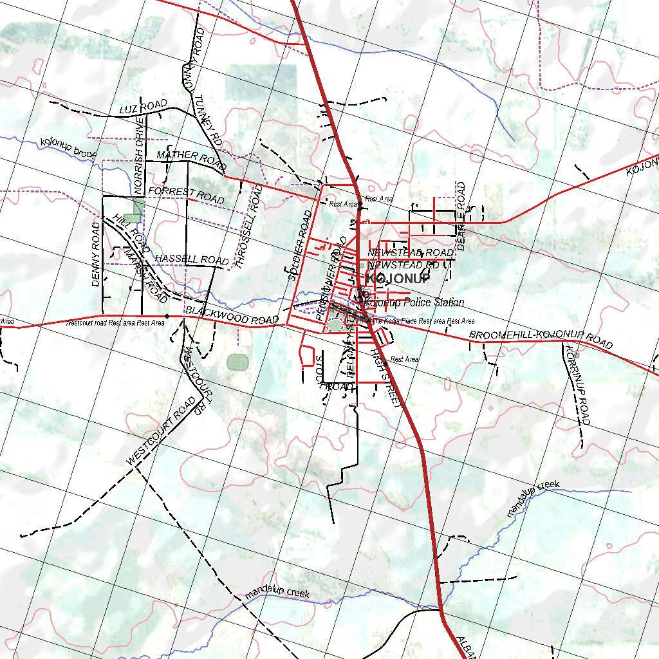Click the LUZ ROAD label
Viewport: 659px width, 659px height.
pyautogui.click(x=143, y=107)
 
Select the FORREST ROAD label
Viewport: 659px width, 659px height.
pyautogui.click(x=186, y=194)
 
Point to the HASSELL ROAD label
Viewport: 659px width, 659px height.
pyautogui.click(x=191, y=258)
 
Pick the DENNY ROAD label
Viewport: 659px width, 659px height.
pyautogui.click(x=96, y=254)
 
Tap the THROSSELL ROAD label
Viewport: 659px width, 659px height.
pyautogui.click(x=248, y=227)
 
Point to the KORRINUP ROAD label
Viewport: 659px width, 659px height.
pyautogui.click(x=577, y=385)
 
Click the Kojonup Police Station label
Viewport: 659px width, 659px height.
pyautogui.click(x=414, y=302)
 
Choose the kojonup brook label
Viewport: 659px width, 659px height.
pyautogui.click(x=67, y=149)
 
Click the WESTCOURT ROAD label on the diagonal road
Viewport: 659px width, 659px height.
pyautogui.click(x=161, y=431)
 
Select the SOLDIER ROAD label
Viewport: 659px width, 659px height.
pyautogui.click(x=300, y=245)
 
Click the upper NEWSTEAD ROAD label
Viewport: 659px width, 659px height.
pyautogui.click(x=411, y=252)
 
